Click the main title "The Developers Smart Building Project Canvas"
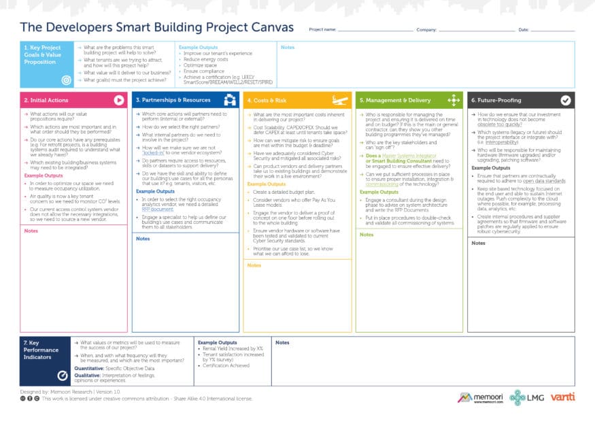[156, 28]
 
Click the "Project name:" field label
[322, 30]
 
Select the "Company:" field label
[426, 30]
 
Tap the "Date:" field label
[523, 30]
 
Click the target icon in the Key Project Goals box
[66, 80]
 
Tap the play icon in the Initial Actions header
[119, 100]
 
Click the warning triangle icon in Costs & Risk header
[342, 100]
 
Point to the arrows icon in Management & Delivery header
[454, 100]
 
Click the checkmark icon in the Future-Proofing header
[565, 100]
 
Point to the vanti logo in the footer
[563, 397]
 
